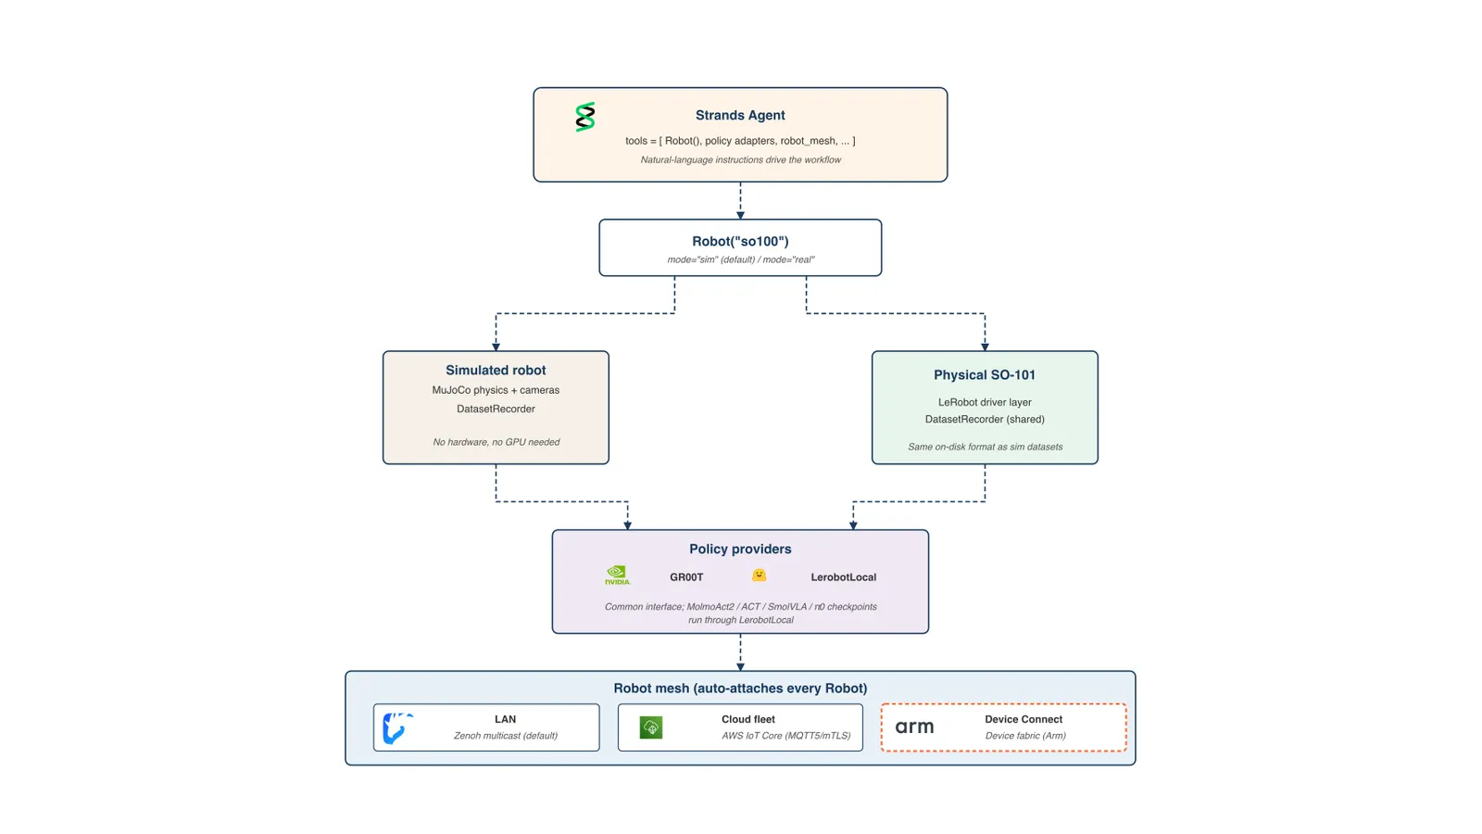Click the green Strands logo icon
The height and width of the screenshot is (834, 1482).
point(584,117)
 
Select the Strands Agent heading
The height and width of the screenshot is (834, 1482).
point(740,115)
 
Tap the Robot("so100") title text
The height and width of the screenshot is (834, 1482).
point(740,241)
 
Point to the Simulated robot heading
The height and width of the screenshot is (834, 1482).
point(496,370)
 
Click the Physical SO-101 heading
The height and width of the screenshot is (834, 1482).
point(985,374)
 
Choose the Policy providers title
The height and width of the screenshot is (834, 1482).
point(740,549)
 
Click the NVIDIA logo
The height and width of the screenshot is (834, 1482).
point(617,575)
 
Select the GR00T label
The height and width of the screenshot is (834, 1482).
point(686,577)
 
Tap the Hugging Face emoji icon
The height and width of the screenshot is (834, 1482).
point(759,575)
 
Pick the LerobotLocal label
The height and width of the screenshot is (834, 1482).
point(844,577)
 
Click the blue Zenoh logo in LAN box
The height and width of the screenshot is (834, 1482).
point(397,728)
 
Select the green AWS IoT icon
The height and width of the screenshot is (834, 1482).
point(651,727)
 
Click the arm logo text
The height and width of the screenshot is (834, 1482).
point(914,727)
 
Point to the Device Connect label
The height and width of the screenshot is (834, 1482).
point(1024,719)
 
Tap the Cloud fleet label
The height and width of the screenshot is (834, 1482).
point(748,719)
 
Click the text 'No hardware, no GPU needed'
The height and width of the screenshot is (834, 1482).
point(496,442)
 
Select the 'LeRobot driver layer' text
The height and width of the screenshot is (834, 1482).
point(985,402)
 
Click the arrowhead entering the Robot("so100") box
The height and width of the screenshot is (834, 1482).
point(740,215)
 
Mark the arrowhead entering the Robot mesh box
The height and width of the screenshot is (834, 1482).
point(740,666)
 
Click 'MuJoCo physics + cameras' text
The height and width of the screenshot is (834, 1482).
point(496,390)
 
